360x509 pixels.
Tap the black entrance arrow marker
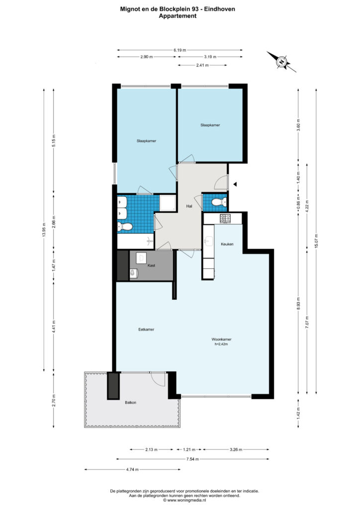(236, 184)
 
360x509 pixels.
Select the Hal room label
(189, 206)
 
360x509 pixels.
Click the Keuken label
(227, 244)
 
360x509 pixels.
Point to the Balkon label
(130, 403)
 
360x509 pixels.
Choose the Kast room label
(151, 265)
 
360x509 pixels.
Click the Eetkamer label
(146, 330)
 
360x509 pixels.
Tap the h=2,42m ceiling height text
(221, 344)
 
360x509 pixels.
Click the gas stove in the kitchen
(225, 219)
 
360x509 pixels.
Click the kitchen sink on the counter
(208, 241)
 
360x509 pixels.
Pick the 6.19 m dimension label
(180, 50)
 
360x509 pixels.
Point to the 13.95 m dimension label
(44, 230)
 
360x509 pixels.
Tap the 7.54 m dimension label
(192, 459)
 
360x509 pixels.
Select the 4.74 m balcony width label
(132, 469)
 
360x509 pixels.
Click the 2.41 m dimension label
(202, 65)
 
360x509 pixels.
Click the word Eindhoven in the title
(220, 9)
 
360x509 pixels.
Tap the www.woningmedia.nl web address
(186, 500)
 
